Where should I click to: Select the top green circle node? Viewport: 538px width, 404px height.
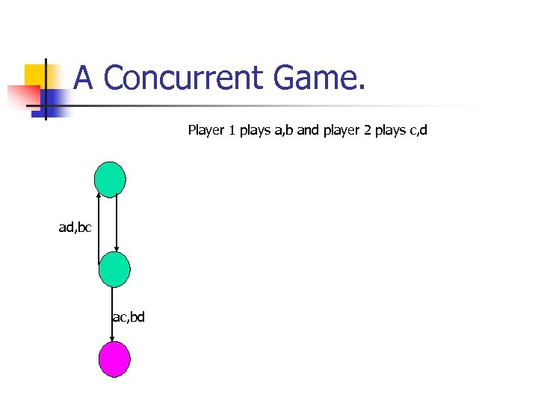[110, 180]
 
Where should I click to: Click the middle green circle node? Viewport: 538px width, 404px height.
[114, 269]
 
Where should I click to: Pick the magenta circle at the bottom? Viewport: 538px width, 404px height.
[114, 359]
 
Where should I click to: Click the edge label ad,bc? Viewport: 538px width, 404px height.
[75, 227]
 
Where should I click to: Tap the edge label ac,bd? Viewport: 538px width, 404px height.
[128, 317]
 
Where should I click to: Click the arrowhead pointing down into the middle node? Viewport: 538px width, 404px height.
[117, 252]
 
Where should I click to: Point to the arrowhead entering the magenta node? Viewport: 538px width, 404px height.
[111, 340]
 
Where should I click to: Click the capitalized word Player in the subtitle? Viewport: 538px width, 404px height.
[205, 131]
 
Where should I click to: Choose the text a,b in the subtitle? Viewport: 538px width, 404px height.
[284, 131]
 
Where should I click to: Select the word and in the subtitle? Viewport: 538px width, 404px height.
[308, 131]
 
